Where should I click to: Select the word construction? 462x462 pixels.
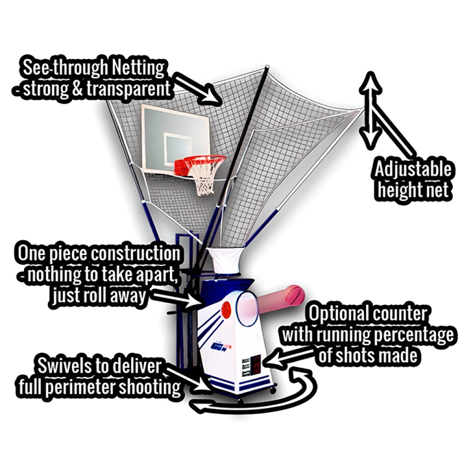click(134, 254)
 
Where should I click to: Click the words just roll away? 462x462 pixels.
click(99, 296)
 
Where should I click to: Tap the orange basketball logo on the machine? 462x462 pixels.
click(226, 309)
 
